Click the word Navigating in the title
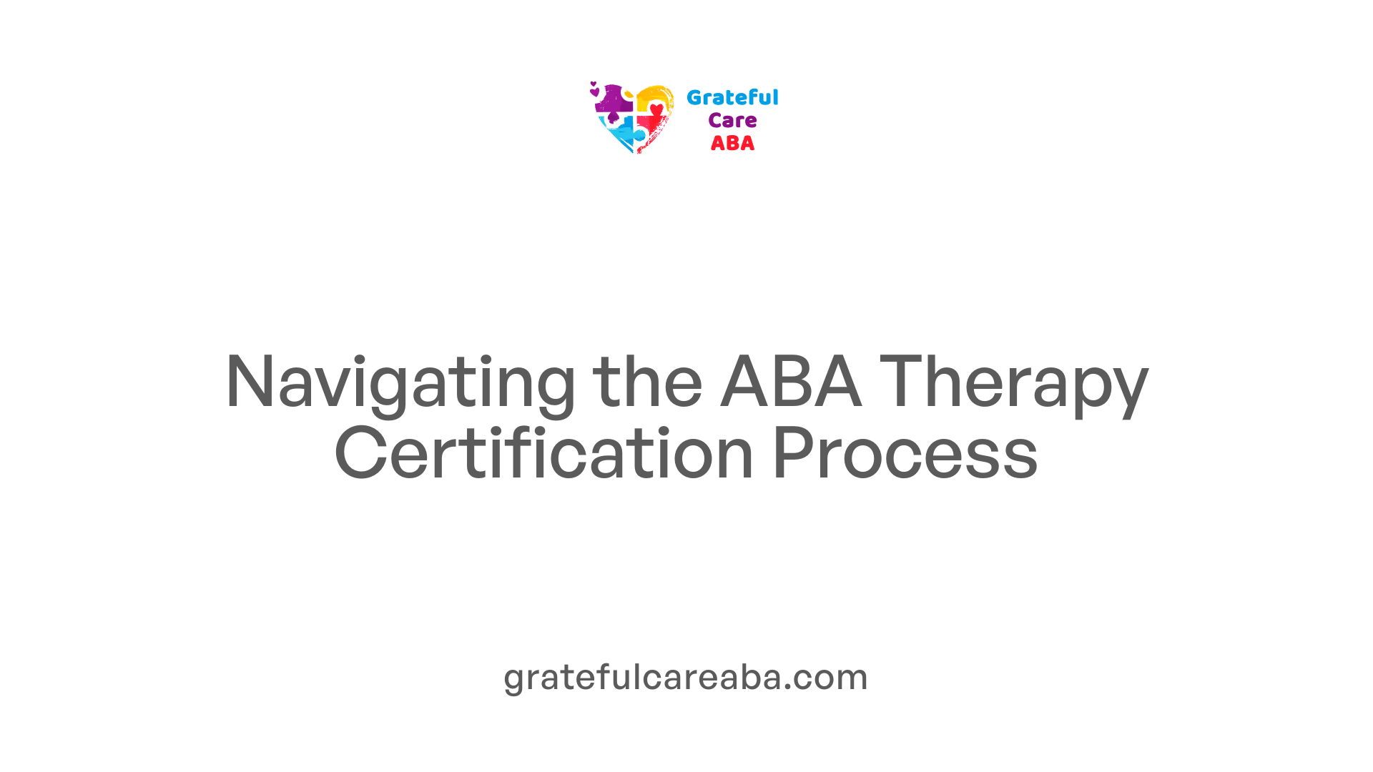click(x=400, y=385)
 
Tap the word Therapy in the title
click(x=1014, y=385)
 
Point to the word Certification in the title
click(x=544, y=452)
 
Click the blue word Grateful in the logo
click(x=732, y=97)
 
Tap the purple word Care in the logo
click(x=732, y=121)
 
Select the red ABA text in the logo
click(x=732, y=144)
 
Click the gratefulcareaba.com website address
click(x=686, y=678)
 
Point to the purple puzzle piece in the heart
click(x=614, y=102)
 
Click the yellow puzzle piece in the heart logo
click(x=654, y=97)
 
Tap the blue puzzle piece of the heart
click(x=622, y=134)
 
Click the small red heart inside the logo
click(x=656, y=109)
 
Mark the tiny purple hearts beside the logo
click(x=594, y=89)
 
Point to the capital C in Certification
click(x=361, y=452)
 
